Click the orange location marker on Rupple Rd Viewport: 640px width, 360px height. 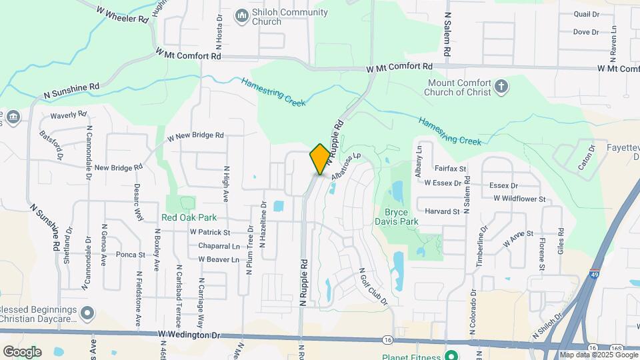(320, 159)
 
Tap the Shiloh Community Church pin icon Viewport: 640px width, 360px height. (241, 14)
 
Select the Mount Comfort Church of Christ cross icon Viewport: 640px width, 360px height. (501, 87)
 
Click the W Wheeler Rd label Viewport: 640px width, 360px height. (122, 14)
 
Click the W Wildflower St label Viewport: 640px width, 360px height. (519, 199)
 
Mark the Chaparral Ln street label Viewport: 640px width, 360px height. (219, 246)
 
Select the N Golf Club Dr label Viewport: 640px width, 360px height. (373, 287)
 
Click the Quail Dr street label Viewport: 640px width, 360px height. (586, 13)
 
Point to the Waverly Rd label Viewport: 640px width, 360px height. (69, 115)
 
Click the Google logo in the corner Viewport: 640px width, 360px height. (22, 351)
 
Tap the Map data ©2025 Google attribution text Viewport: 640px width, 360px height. (599, 355)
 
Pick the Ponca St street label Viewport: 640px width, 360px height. (131, 255)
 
